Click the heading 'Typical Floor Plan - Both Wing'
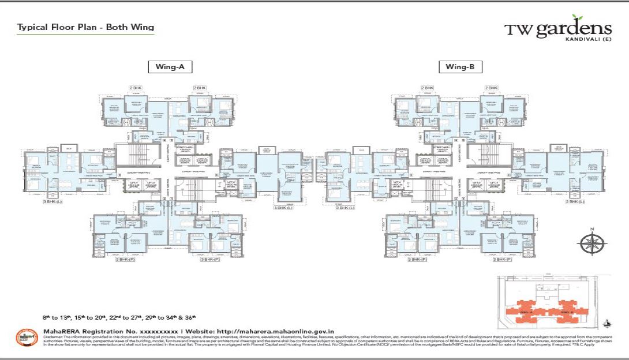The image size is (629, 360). point(85,27)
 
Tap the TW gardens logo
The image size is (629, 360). point(557,29)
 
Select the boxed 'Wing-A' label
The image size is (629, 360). point(170,67)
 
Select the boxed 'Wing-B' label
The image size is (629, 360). point(459,67)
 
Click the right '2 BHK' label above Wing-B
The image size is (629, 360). point(491,88)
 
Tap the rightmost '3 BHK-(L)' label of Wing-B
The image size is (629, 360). point(575,201)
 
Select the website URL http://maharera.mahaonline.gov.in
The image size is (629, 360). point(275,331)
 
